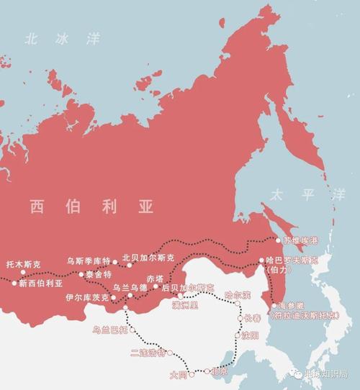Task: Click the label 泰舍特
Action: (x=99, y=274)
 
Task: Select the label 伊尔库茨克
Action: (x=86, y=296)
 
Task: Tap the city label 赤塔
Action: (x=156, y=278)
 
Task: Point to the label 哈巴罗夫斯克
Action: (x=295, y=260)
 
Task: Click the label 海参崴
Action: (x=292, y=305)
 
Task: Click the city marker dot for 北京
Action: (x=207, y=372)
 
